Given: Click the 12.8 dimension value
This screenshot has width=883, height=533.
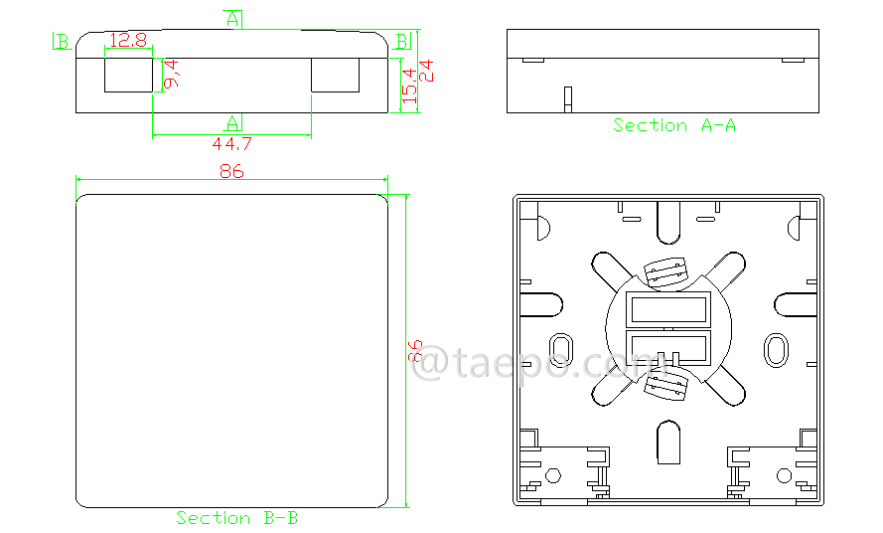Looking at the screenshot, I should coord(128,41).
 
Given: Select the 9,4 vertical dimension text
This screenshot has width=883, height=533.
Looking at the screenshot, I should coord(172,75).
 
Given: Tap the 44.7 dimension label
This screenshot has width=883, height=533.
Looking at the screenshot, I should coord(231,144).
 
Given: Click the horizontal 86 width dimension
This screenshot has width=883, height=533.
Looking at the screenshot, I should coord(231,171).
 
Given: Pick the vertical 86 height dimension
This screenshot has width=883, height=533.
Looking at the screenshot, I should coord(417,352).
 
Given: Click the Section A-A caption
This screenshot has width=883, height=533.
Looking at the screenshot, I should coord(673,125).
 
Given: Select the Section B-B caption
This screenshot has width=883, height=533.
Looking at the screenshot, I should coord(236,518).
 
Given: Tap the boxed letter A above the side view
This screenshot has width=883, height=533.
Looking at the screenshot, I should coord(232,19).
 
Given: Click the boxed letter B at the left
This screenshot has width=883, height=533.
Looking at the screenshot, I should coord(63,41).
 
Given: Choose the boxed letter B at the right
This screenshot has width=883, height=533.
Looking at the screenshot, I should coord(402,40).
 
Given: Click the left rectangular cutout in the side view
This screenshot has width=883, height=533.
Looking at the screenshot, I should coord(129,75).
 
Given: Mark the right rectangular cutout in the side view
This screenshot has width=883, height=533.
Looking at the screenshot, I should coord(335,75).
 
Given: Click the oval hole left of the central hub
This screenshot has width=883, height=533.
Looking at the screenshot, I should coord(560,347).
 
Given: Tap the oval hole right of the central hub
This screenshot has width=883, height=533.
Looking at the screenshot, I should coord(774,347).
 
